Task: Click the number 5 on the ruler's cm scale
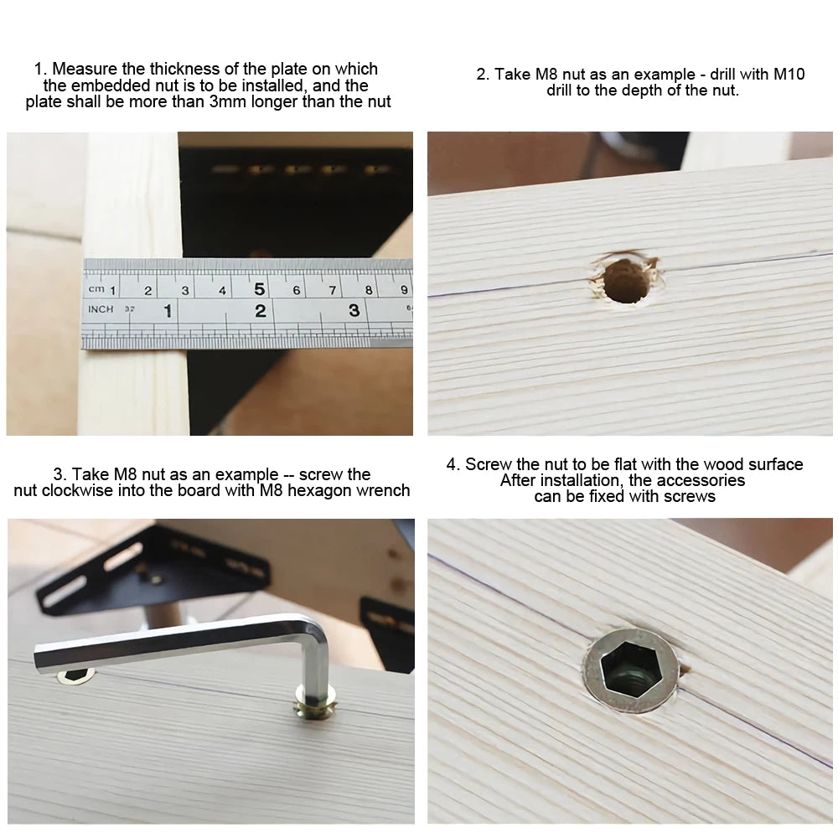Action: (x=259, y=290)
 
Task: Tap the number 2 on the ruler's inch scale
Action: (x=260, y=311)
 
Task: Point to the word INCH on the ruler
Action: (x=101, y=309)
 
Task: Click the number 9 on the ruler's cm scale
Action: (x=405, y=291)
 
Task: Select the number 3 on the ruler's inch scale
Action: (x=354, y=311)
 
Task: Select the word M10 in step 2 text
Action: (x=789, y=74)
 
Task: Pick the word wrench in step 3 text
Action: (x=386, y=490)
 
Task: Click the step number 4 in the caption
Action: (x=453, y=464)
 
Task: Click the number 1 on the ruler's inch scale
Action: (x=168, y=312)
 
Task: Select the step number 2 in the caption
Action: (x=482, y=74)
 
